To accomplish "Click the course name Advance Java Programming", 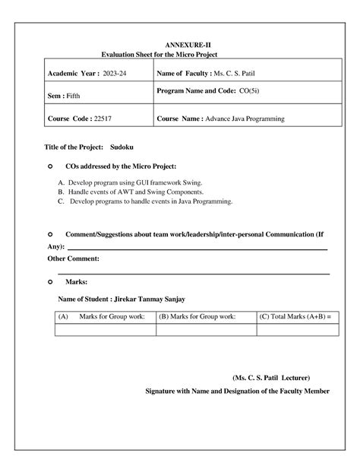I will click(247, 119).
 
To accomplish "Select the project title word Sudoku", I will click(122, 146).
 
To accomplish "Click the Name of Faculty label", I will click(183, 73).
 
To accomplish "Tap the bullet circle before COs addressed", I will click(50, 166).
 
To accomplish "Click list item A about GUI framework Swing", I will click(131, 183).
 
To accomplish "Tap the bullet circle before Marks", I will click(50, 281).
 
